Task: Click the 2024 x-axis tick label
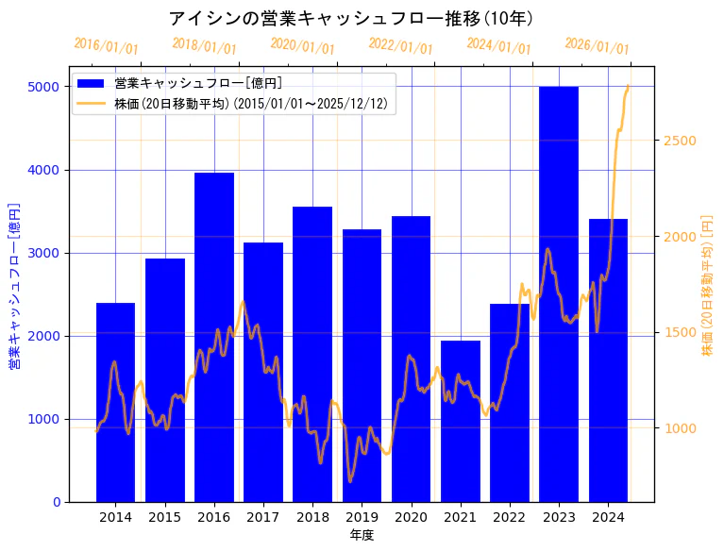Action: [608, 517]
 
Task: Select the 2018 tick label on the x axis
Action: [312, 517]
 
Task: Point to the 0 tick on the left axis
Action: [57, 502]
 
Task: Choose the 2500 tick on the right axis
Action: [680, 141]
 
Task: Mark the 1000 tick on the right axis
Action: [680, 428]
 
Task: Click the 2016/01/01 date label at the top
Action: [106, 46]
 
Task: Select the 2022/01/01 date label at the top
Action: [400, 46]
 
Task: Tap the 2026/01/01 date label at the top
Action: [597, 46]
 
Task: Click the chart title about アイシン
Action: [351, 18]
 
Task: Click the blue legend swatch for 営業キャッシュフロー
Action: [92, 83]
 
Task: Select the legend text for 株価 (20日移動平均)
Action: [250, 103]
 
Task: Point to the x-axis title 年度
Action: [362, 536]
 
